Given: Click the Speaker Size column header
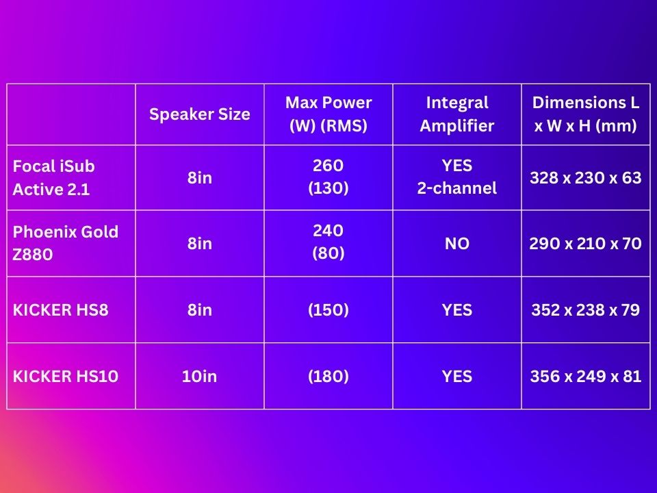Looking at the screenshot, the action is coord(199,114).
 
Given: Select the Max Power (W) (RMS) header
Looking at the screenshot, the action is coord(328,114).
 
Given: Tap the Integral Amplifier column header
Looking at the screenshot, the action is coord(457,114).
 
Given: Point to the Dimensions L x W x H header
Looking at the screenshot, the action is coord(586,114).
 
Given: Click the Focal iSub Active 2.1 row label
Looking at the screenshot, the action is coord(53,178).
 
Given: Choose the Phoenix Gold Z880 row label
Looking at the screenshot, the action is coord(66,243).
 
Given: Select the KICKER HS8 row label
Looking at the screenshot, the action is coord(61,309).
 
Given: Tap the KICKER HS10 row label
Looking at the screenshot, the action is coord(66,376).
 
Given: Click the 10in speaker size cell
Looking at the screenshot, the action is coord(199,376).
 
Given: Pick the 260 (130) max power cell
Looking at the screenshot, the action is coord(328,177).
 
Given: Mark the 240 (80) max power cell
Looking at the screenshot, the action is coord(328,242).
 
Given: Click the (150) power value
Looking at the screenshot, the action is coord(328,309).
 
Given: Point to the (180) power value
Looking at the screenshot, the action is coord(328,376).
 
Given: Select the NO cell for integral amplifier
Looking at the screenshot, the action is coord(457,243).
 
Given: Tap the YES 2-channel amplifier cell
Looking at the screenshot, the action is coord(457,177).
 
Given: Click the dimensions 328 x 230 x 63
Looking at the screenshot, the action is coord(586,178).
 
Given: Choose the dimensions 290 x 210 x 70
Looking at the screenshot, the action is coord(586,243).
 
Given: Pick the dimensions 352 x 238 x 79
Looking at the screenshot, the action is coord(586,309).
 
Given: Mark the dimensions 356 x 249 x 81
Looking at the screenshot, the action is coord(586,376).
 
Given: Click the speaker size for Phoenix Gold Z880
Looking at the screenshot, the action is coord(199,243).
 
